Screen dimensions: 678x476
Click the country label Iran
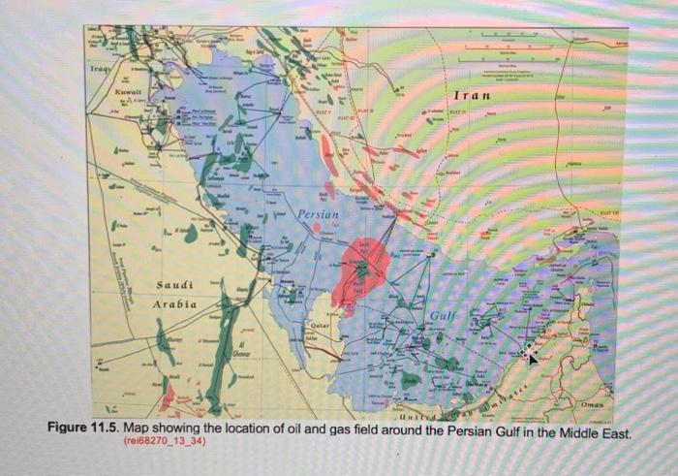(471, 96)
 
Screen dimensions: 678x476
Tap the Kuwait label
(128, 91)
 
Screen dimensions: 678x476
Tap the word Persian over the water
(317, 213)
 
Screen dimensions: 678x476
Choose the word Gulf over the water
(441, 318)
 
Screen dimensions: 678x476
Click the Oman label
(594, 402)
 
